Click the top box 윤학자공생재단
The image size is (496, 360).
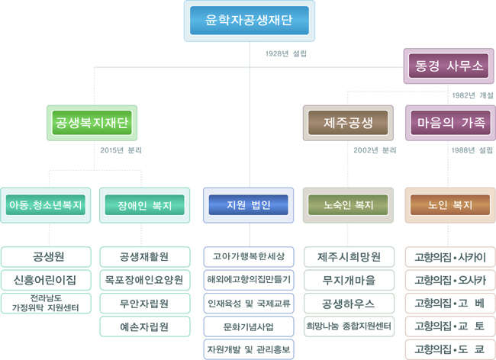250,21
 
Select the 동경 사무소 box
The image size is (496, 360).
449,66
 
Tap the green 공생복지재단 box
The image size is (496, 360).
92,122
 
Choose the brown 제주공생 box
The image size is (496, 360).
348,122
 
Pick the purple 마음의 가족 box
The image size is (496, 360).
450,122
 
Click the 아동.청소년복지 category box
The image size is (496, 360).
45,205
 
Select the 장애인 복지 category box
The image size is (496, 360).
144,205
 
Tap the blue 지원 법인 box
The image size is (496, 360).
248,205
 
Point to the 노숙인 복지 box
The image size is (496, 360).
348,205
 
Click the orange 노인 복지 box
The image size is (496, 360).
450,205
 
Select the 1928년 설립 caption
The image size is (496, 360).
286,53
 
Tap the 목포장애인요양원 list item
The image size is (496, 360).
144,280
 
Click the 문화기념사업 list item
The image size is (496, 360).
248,326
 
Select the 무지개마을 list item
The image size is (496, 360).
348,280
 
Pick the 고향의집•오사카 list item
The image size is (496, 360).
450,280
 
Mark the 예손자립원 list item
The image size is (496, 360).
144,326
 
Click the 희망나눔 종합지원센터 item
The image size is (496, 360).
348,326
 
